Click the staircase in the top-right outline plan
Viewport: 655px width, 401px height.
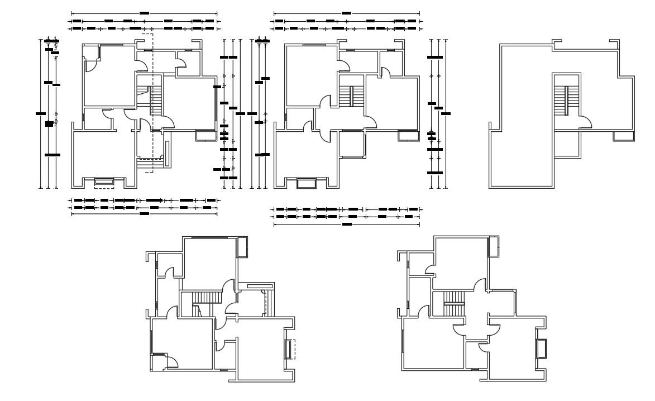(x=567, y=101)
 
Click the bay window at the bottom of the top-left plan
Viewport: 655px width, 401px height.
(x=103, y=181)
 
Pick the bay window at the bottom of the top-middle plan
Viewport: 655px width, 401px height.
(x=306, y=183)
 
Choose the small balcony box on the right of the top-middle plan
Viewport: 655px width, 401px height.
(x=408, y=136)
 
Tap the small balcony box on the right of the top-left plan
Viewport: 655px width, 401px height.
(x=205, y=135)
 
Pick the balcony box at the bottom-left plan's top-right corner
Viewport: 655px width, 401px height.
(x=243, y=246)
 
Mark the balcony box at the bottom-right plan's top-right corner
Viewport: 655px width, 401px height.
(x=494, y=246)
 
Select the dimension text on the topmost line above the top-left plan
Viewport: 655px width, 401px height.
(x=144, y=12)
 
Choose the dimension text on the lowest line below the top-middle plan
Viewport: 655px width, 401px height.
(x=346, y=225)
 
